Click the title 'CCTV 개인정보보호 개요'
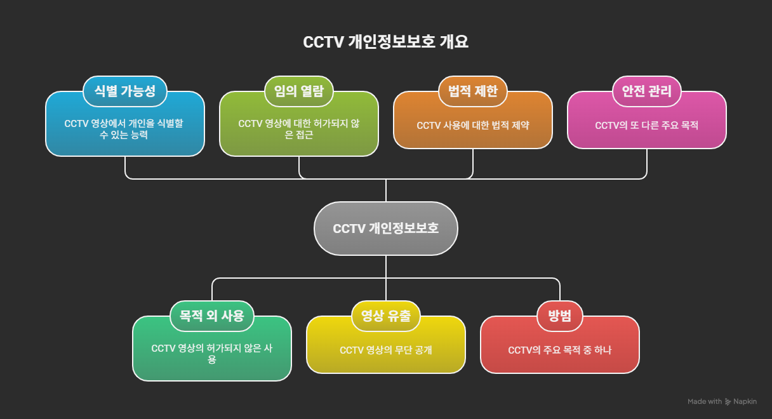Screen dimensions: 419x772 (x=385, y=43)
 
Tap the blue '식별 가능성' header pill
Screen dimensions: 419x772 (x=124, y=91)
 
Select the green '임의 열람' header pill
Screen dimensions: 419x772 (x=298, y=91)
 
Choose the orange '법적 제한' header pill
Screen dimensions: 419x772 (x=472, y=91)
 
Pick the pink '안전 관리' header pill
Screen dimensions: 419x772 (x=646, y=91)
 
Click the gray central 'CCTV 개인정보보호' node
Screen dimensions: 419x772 (x=385, y=229)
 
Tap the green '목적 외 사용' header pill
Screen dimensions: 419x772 (x=212, y=316)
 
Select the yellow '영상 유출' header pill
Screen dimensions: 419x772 (x=386, y=316)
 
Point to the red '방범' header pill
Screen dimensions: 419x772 (x=559, y=316)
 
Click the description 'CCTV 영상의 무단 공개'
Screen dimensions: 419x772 (x=386, y=350)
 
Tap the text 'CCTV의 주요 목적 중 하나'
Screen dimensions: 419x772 (x=559, y=350)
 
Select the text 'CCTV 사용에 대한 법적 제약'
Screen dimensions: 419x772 (x=472, y=126)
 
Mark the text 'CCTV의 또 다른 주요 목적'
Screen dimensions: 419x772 (x=646, y=126)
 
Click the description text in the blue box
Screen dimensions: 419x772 (x=124, y=129)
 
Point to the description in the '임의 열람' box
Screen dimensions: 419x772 (x=298, y=129)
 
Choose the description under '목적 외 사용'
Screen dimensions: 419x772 (x=212, y=354)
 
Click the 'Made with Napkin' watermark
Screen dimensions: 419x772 (x=722, y=402)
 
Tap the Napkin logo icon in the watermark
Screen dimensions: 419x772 (x=728, y=402)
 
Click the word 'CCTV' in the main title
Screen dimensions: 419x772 (x=324, y=43)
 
